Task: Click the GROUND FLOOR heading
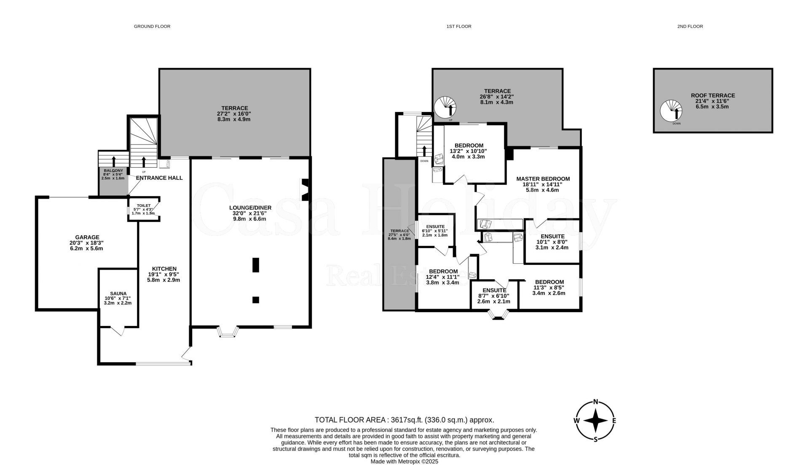[x=152, y=27]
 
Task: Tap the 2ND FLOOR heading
[x=690, y=27]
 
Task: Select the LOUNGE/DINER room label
[x=250, y=208]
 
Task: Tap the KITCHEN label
[x=164, y=269]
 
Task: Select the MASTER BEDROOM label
[x=543, y=179]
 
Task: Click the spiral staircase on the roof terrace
[x=672, y=112]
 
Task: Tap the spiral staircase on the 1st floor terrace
[x=446, y=107]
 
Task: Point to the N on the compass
[x=596, y=401]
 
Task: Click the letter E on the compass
[x=614, y=420]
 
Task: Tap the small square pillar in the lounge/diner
[x=256, y=300]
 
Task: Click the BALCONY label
[x=113, y=171]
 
